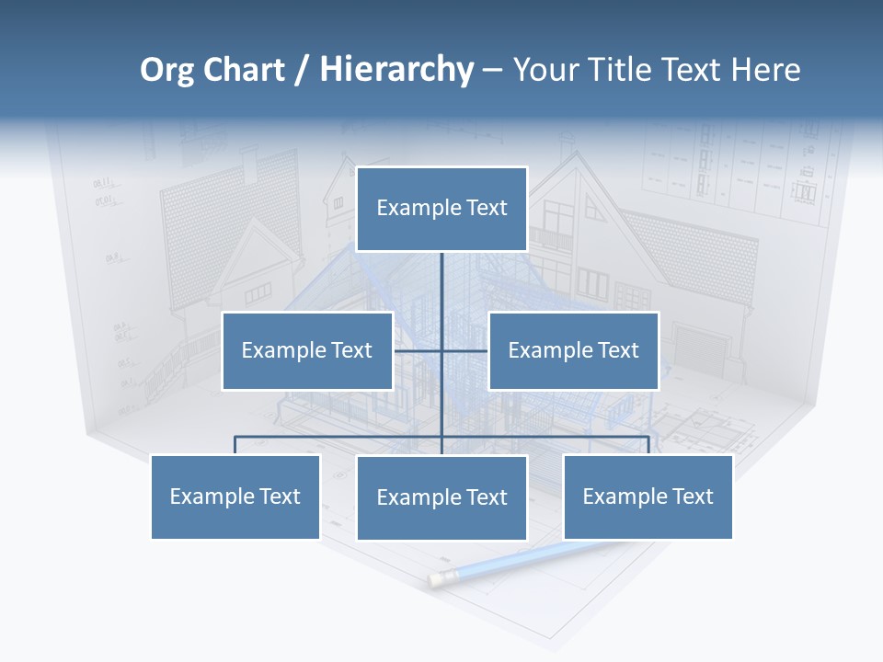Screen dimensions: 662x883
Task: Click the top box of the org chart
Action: (x=441, y=209)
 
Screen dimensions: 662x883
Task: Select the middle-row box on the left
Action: (x=307, y=350)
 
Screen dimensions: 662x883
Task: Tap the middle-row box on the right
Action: (x=573, y=350)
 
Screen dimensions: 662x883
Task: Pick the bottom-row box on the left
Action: (x=235, y=496)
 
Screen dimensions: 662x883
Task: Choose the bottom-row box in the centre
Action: (x=441, y=497)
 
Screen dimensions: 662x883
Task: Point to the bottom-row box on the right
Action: (x=648, y=496)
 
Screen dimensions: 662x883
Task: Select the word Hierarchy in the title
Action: (x=396, y=70)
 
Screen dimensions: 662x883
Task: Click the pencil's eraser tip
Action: (x=439, y=578)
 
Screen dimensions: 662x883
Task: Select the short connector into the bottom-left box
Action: (x=235, y=445)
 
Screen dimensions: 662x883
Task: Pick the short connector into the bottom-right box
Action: (x=648, y=445)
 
